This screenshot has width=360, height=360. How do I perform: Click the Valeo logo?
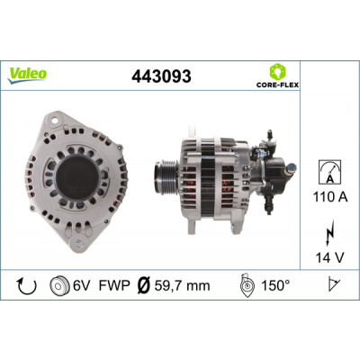coord(27,76)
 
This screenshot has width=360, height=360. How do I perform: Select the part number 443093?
coord(161,76)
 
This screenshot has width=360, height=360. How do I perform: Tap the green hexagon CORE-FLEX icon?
coord(277,71)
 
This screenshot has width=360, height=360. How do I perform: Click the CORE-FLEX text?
coord(277,85)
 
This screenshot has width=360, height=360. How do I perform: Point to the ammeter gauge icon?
coord(329,172)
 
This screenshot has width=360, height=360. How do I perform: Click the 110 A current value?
coord(330,197)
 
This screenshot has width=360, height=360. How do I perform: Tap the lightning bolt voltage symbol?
coord(329,234)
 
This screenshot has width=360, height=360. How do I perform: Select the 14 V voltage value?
coord(330,257)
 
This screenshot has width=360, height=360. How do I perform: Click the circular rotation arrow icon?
coord(27,286)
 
